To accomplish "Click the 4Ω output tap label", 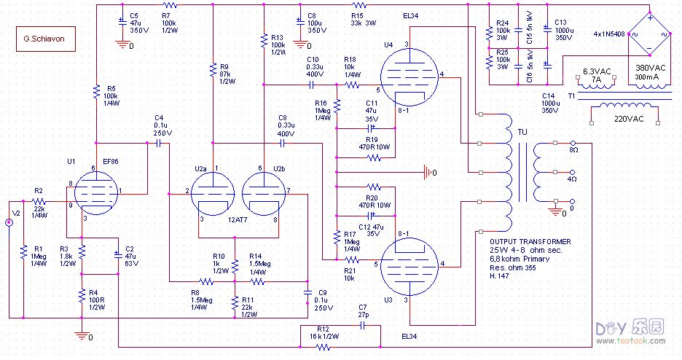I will tap(573, 179).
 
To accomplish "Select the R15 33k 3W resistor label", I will tap(357, 19).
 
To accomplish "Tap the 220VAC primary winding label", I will tap(630, 118).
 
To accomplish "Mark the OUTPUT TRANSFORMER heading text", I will tap(530, 241).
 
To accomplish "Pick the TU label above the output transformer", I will tap(522, 132).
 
